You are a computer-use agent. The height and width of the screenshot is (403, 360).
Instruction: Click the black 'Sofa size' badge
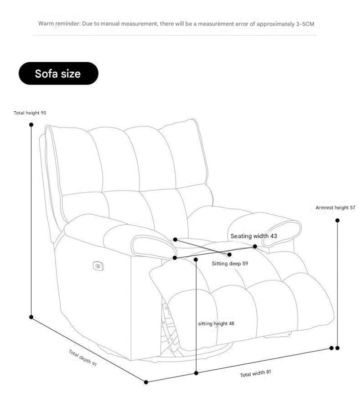[58, 73]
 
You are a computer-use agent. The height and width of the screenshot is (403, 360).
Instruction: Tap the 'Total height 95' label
[31, 113]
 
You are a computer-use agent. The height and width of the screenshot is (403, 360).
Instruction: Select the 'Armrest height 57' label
[335, 208]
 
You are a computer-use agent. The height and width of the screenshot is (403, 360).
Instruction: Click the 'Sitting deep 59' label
[230, 263]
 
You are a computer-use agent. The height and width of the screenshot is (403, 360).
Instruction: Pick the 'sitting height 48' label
[216, 323]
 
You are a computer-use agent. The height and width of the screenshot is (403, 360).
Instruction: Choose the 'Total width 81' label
[256, 373]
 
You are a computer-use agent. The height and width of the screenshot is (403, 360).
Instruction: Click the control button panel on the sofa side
[98, 266]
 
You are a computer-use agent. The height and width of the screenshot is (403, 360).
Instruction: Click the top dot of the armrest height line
[337, 220]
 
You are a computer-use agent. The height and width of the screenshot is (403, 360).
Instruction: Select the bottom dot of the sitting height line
[196, 373]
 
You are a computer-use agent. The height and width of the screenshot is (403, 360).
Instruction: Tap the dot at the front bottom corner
[146, 382]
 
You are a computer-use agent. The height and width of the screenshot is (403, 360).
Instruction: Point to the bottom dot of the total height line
[31, 317]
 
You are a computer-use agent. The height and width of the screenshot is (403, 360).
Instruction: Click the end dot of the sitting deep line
[229, 254]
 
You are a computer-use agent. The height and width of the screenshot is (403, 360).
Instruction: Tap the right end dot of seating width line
[255, 246]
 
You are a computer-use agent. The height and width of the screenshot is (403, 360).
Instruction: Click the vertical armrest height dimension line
[337, 284]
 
